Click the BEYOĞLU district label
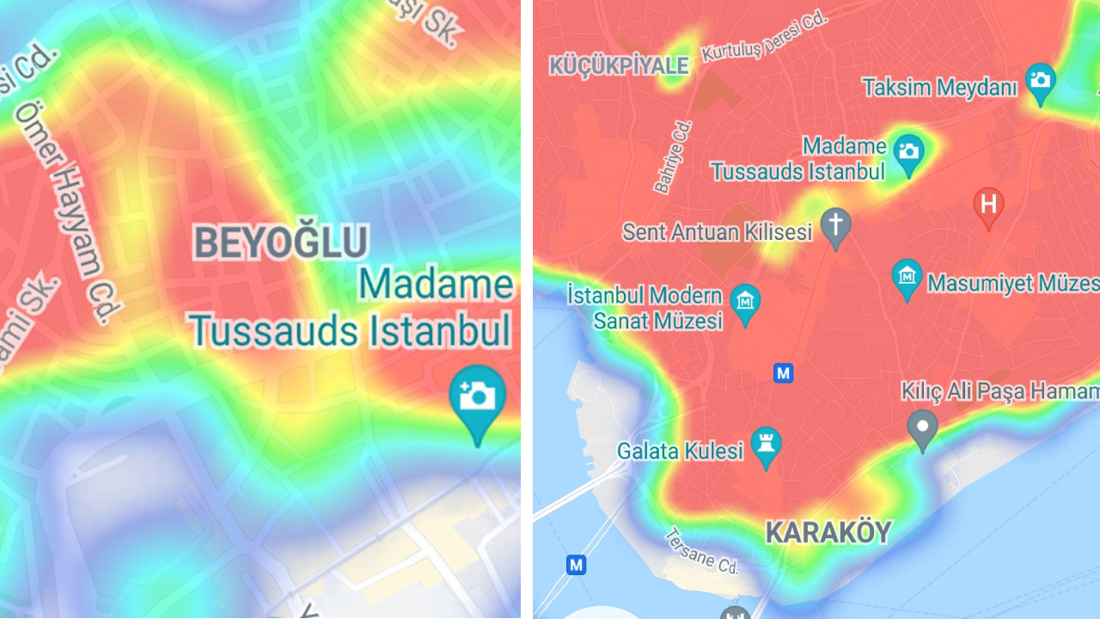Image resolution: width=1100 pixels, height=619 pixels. pyautogui.click(x=281, y=242)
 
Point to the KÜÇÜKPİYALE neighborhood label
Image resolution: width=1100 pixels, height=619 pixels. pyautogui.click(x=620, y=66)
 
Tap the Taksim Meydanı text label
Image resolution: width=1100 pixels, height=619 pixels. pyautogui.click(x=939, y=88)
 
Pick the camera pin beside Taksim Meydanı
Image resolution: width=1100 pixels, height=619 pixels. pyautogui.click(x=1041, y=81)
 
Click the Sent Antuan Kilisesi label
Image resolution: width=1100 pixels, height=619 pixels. pyautogui.click(x=717, y=232)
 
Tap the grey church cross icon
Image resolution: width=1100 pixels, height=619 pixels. pyautogui.click(x=834, y=225)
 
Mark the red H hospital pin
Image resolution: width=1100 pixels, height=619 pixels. pyautogui.click(x=988, y=205)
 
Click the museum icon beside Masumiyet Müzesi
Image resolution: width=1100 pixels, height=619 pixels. pyautogui.click(x=907, y=277)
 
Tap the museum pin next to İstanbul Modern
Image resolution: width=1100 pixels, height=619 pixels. pyautogui.click(x=744, y=302)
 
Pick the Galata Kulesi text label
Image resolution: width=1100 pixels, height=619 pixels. pyautogui.click(x=679, y=450)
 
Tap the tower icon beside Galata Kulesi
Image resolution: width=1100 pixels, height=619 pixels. pyautogui.click(x=766, y=444)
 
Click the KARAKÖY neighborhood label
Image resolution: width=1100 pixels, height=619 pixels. pyautogui.click(x=828, y=533)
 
